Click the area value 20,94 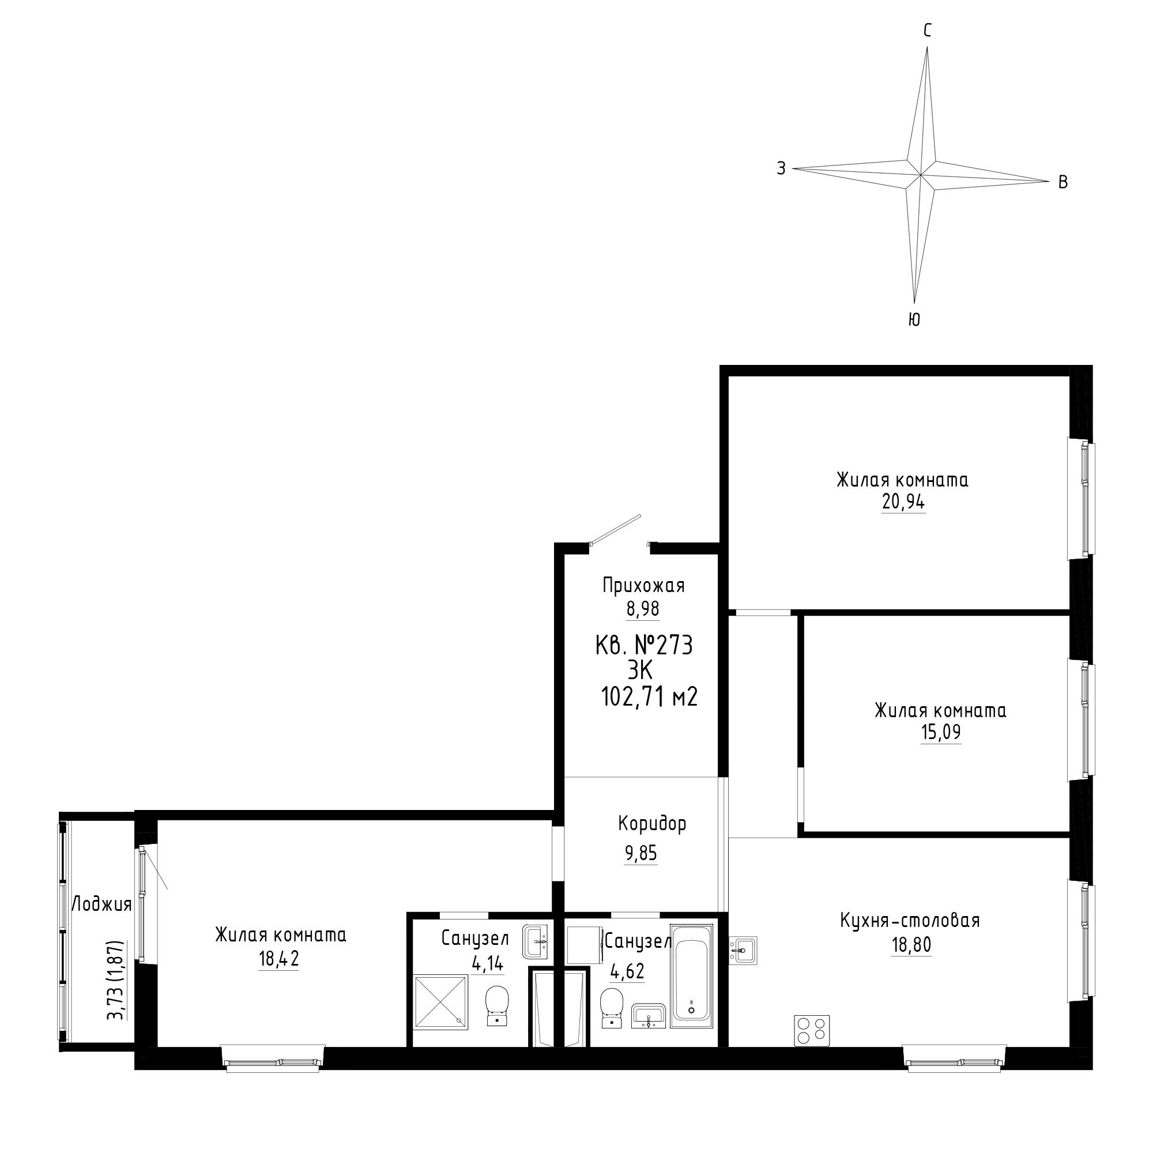tap(903, 503)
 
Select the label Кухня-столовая tap(910, 920)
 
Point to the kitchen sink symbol tap(744, 949)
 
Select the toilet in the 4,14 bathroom tap(496, 1005)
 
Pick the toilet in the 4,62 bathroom tap(611, 1008)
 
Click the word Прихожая tap(643, 586)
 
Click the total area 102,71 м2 tap(649, 696)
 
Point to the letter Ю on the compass tap(914, 320)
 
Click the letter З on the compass tap(781, 168)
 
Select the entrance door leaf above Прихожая tap(615, 529)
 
